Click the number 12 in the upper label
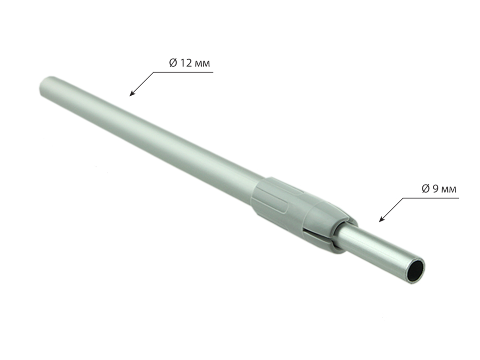click(x=186, y=63)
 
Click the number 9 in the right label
click(x=435, y=189)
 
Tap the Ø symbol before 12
click(x=173, y=63)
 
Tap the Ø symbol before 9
click(x=426, y=189)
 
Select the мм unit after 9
click(x=449, y=189)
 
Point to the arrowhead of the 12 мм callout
click(x=132, y=94)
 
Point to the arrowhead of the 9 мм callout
click(x=382, y=219)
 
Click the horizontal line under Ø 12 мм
click(x=183, y=72)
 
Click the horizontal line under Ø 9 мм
click(x=431, y=198)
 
